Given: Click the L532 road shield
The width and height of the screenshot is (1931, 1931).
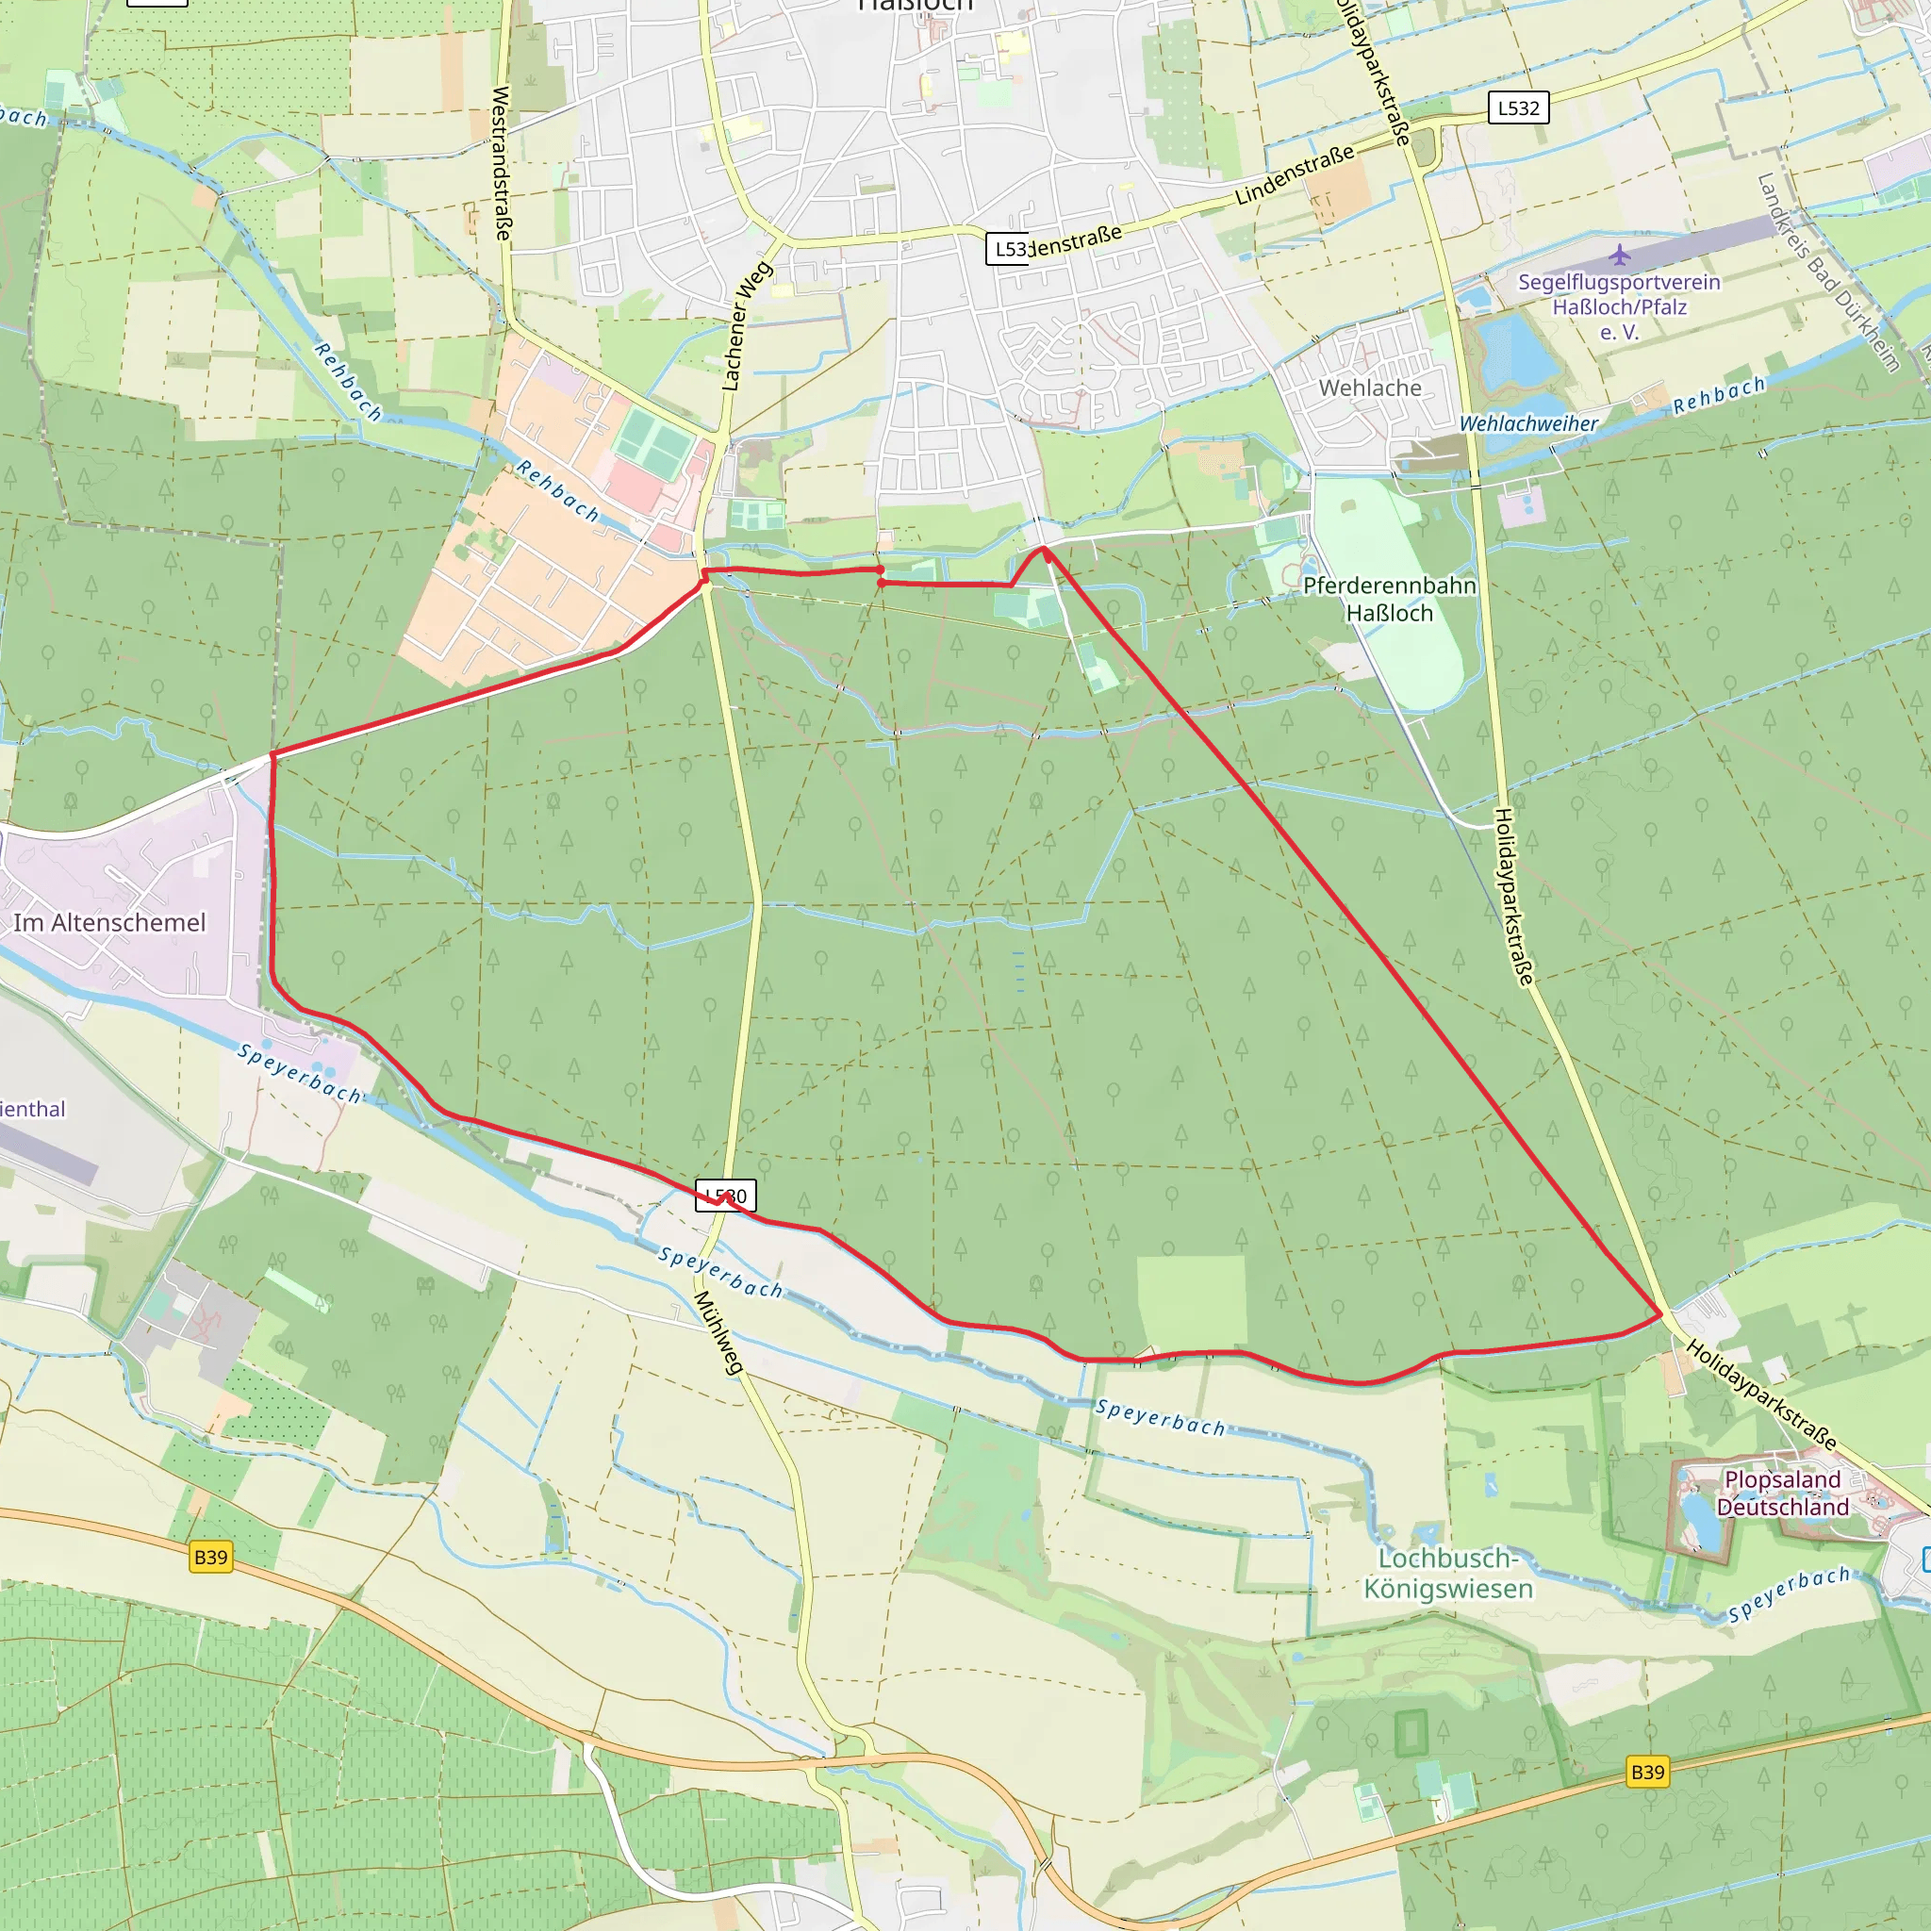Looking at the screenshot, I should (1517, 107).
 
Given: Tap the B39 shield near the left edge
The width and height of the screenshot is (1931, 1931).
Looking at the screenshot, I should (210, 1556).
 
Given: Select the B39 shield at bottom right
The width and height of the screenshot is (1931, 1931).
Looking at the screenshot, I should (1647, 1771).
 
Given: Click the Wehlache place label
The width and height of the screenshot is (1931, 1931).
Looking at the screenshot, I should (1369, 388).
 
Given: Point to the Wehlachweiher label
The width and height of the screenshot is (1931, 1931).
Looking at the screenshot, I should (1528, 423).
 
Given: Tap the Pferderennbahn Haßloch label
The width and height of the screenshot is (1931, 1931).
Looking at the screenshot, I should (1389, 599).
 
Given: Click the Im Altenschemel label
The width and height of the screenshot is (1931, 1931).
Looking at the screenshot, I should (109, 922).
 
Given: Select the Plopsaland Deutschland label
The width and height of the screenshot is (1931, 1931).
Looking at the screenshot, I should (1782, 1493).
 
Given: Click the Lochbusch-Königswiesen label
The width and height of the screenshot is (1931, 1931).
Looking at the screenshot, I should (1448, 1574).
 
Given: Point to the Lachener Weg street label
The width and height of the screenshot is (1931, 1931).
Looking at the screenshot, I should (747, 326).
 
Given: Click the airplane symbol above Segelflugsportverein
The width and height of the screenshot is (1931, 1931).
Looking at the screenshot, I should (1620, 255).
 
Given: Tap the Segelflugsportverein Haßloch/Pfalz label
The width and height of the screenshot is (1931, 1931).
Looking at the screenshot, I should (1619, 306).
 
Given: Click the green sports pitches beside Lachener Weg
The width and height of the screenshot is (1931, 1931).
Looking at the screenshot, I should (653, 443).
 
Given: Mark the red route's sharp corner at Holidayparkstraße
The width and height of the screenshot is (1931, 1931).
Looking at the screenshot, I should (1661, 1313).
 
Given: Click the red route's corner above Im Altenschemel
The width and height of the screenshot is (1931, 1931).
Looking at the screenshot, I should (272, 754).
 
